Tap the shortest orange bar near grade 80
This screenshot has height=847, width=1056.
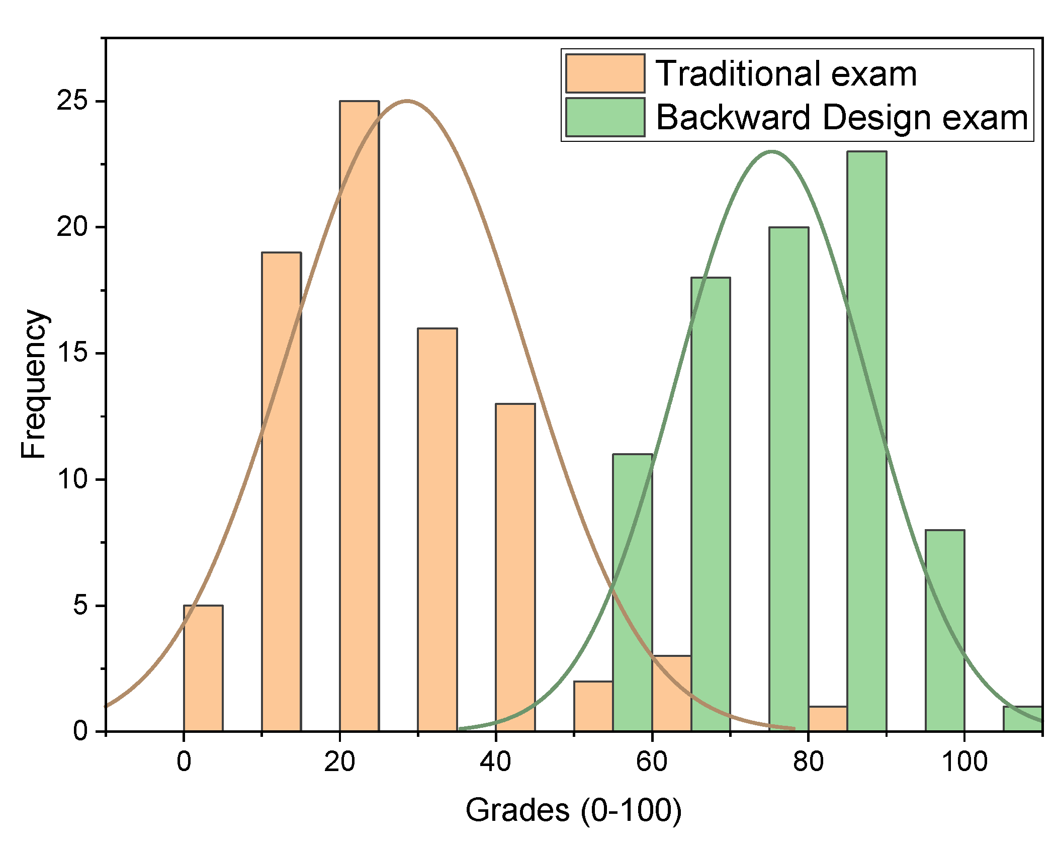[828, 719]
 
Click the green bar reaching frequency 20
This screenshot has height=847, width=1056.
[788, 478]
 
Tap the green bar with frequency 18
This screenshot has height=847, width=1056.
[711, 503]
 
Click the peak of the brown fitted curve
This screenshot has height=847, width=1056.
[407, 101]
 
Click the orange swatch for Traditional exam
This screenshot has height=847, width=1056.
[604, 73]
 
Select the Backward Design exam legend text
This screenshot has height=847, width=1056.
[841, 118]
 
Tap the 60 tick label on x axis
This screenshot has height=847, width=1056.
[651, 761]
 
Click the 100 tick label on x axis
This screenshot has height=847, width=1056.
[964, 761]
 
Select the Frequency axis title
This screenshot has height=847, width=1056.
[34, 383]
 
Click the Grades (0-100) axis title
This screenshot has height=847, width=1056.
[573, 810]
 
